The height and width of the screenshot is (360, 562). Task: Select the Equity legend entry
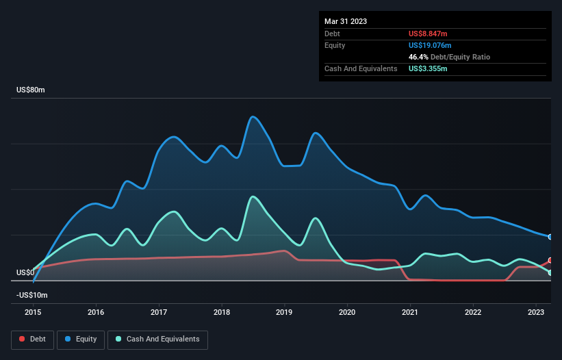click(x=80, y=339)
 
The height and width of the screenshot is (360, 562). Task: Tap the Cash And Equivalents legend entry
click(x=157, y=339)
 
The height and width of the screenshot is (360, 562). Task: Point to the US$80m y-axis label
click(x=31, y=90)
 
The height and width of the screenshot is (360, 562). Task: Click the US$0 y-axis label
click(x=26, y=272)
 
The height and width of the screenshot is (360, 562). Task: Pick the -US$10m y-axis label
click(x=33, y=295)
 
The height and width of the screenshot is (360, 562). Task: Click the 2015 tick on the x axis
click(x=33, y=313)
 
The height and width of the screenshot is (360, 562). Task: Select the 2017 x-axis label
click(x=159, y=313)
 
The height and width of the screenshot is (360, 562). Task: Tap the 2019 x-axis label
click(x=284, y=313)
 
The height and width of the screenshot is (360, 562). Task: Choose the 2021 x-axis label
click(x=410, y=313)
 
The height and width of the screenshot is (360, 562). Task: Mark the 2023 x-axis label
click(x=535, y=313)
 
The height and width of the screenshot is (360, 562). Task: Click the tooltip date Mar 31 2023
click(x=346, y=21)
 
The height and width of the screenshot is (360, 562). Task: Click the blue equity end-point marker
click(x=550, y=237)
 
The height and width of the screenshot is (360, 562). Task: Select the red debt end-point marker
click(x=550, y=261)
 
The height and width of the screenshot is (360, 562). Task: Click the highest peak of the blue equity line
click(x=253, y=116)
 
